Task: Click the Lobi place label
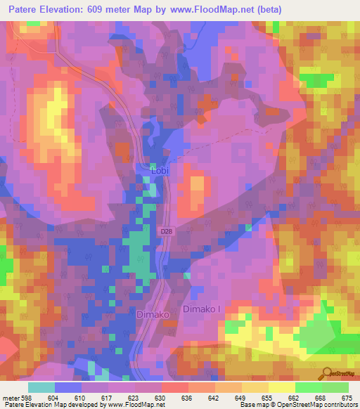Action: tap(160, 170)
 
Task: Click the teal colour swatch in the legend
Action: tap(41, 387)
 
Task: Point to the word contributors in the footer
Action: tap(340, 405)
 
